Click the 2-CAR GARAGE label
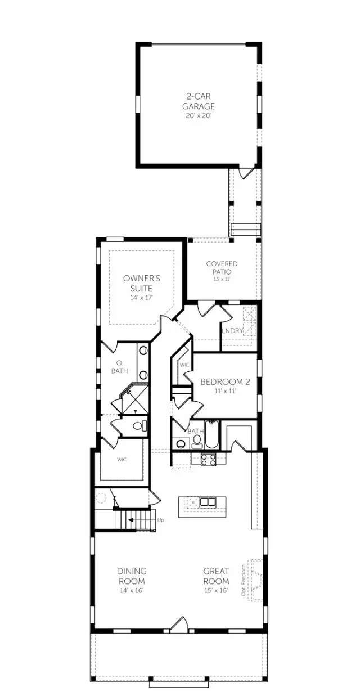[x=199, y=101]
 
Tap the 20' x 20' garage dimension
[x=199, y=115]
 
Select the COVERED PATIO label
[x=222, y=267]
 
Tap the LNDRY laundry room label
[x=232, y=331]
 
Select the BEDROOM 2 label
[x=225, y=382]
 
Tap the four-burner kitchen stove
[x=208, y=459]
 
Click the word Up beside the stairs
[x=161, y=520]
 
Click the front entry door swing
[x=179, y=623]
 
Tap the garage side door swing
[x=246, y=173]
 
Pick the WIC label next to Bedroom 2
[x=184, y=365]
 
